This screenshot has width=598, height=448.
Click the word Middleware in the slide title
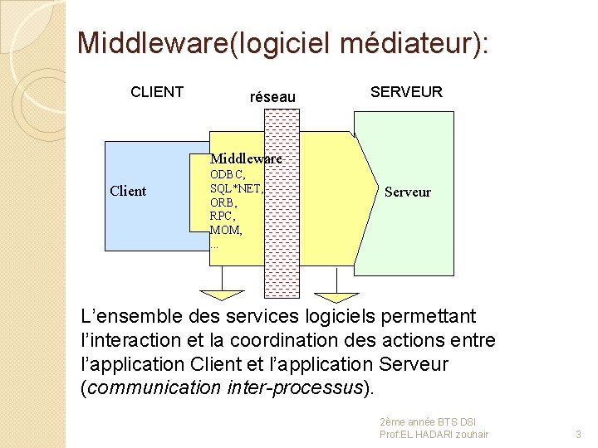tap(145, 43)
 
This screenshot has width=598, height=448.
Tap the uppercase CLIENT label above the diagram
tap(157, 92)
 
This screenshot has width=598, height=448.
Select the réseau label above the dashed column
tap(272, 97)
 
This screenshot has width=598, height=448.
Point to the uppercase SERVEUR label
tap(406, 92)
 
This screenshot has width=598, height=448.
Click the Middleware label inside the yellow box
tap(246, 158)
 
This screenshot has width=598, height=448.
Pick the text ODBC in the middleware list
tap(227, 174)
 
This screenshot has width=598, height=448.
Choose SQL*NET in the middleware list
tap(236, 188)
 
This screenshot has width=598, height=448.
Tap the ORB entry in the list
tap(223, 202)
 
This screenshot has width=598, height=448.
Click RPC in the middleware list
tap(222, 216)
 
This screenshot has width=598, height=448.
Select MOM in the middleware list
tap(225, 230)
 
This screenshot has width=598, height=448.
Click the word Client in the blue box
tap(128, 192)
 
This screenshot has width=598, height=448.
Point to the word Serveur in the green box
tap(408, 192)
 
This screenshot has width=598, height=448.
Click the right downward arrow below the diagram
tap(336, 296)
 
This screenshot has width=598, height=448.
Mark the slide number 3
tap(578, 434)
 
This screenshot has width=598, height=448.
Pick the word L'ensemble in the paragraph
tap(120, 317)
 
